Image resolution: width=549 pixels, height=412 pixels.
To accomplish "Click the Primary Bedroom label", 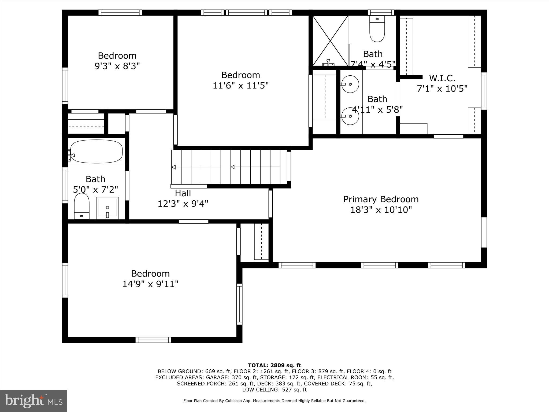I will pos(381,199).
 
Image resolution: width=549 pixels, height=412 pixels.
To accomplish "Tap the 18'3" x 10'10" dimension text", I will pos(381,210).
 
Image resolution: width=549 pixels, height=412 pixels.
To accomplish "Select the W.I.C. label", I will pos(442,78).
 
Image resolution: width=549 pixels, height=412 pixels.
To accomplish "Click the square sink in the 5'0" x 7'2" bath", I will pos(107,208).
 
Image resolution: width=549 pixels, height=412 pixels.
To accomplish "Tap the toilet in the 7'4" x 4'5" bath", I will pos(377,29).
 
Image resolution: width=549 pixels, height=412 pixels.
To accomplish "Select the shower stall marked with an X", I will pos(330,40).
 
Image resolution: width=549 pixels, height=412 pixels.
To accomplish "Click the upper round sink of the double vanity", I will pos(350,84).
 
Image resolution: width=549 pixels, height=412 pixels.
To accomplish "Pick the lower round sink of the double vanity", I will pos(350,116).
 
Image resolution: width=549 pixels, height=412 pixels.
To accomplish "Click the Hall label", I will pos(183,193).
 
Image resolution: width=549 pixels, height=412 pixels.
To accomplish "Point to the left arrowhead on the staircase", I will pos(173,167).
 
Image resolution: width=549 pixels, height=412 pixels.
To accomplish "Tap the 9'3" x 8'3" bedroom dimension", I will pos(117,66).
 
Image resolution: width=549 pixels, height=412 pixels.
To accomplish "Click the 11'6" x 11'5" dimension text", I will pos(240,86).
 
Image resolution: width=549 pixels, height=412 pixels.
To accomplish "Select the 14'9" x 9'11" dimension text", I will pos(150,284).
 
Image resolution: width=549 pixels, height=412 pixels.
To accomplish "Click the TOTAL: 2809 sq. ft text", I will pos(274,365).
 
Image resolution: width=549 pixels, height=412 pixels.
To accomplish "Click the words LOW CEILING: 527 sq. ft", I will pos(274,390).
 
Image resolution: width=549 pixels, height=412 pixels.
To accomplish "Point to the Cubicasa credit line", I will pos(274,401).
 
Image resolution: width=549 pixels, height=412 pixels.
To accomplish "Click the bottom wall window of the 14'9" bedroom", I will pos(153,340).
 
